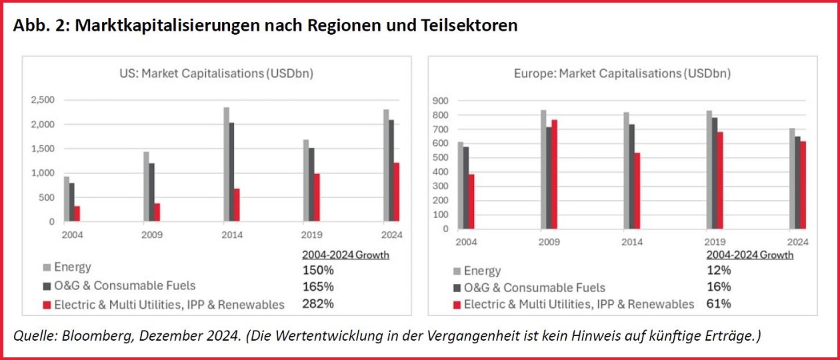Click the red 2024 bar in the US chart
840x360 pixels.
(396, 192)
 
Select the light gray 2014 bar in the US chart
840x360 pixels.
(226, 164)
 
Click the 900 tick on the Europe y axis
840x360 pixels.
(441, 101)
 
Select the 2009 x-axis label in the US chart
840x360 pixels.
(153, 235)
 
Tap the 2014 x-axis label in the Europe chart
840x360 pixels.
(632, 242)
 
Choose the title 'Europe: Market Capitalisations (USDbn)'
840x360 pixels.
(622, 73)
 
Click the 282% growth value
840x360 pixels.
(318, 304)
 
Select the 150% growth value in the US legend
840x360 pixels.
(318, 270)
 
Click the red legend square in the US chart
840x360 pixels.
(47, 305)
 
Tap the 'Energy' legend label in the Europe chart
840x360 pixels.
(482, 271)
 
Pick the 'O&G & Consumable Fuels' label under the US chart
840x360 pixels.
(125, 285)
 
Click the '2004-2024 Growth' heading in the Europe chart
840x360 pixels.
(750, 255)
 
